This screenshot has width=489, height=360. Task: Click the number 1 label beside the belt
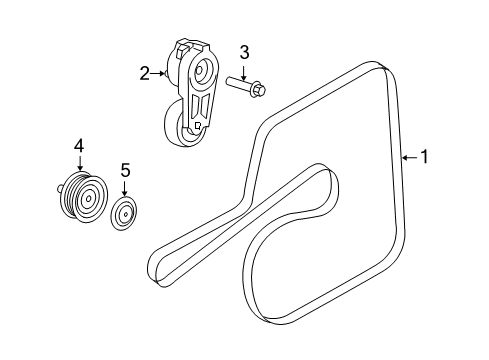pos(424,156)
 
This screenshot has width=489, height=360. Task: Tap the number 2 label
pos(145,72)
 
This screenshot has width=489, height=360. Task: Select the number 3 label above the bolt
pos(242,52)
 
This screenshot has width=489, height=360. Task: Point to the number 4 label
pos(78,146)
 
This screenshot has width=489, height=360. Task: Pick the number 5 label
pos(125,170)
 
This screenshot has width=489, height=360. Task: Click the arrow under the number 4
pos(78,164)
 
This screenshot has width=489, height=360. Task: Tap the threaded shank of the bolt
pos(236,85)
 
